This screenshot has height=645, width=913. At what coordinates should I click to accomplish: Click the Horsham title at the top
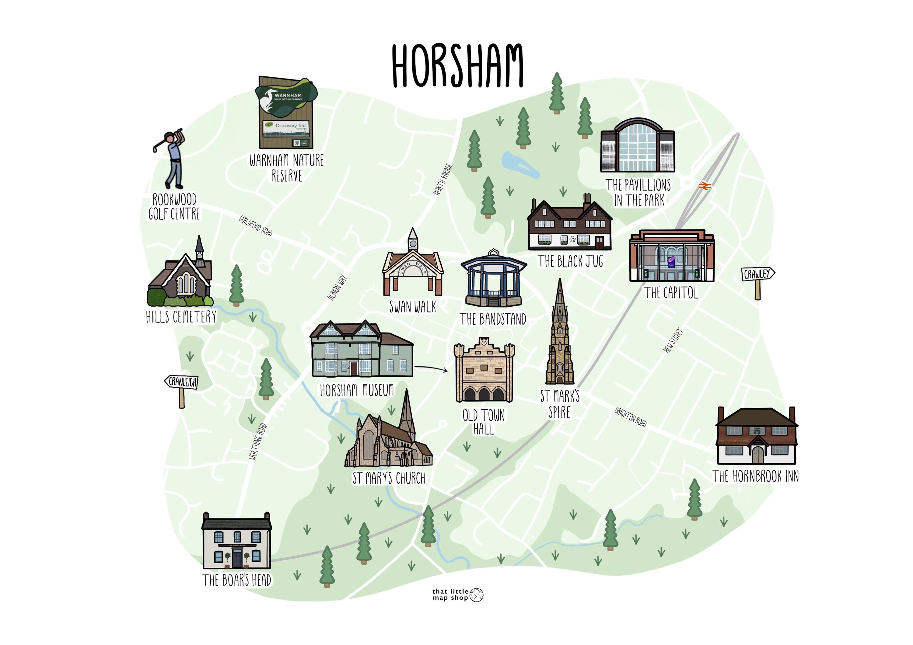tap(457, 66)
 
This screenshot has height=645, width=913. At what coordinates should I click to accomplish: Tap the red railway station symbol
tap(704, 186)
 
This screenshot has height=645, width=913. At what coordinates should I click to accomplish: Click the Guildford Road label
tap(256, 226)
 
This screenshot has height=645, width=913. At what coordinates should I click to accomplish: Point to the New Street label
tap(673, 340)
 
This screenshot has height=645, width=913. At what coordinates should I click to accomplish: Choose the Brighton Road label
tap(630, 417)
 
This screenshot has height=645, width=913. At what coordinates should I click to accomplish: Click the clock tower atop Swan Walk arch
tap(413, 239)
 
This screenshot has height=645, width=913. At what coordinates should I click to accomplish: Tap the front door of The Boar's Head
tap(237, 559)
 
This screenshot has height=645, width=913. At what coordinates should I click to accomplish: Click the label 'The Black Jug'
tap(570, 261)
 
